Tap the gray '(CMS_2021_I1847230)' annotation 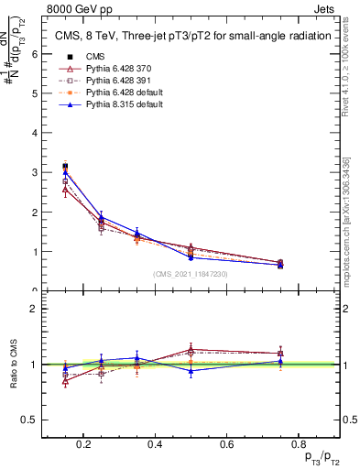[191, 274]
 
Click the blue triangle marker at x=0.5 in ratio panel [191, 370]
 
